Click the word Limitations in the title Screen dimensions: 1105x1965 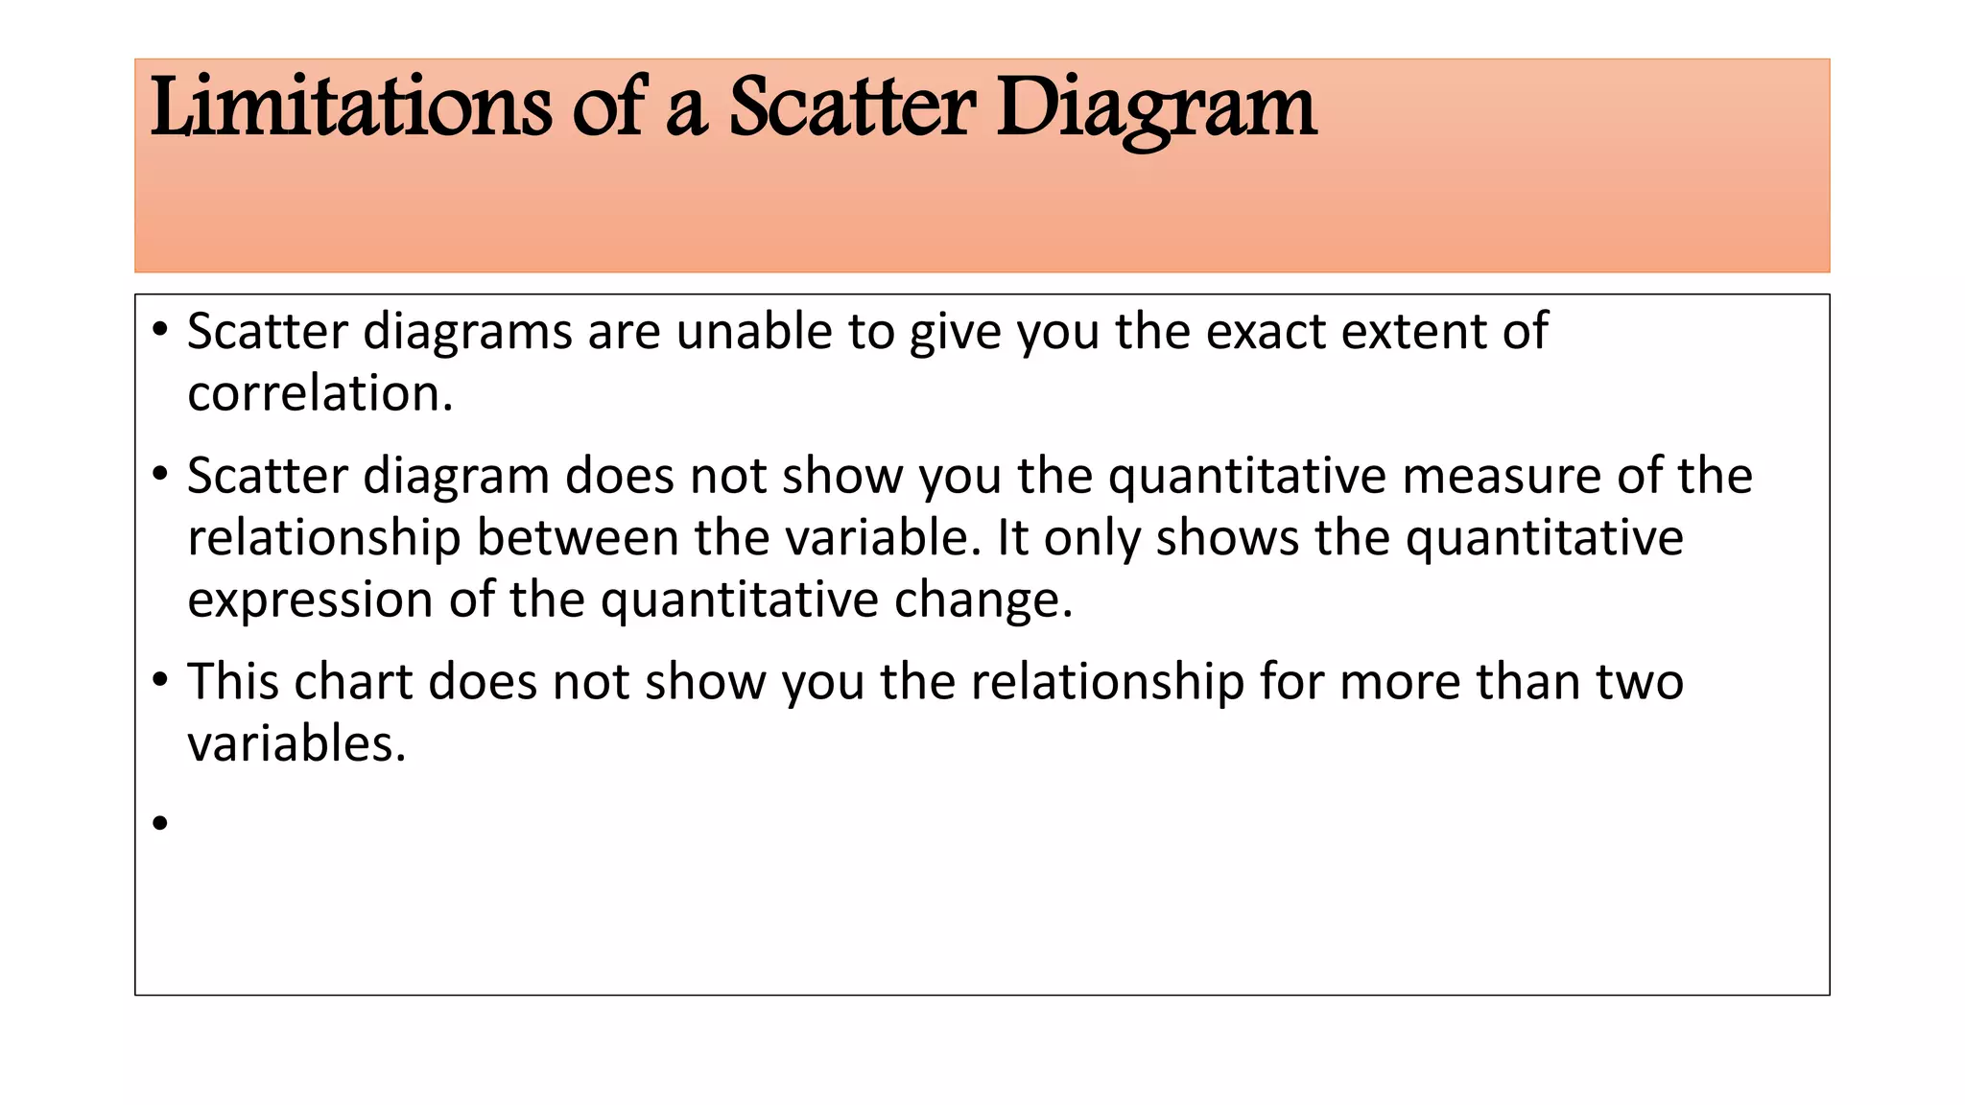point(351,107)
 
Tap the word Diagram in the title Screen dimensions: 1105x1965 point(1156,107)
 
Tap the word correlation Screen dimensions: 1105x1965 point(320,393)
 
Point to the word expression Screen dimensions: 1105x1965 point(310,600)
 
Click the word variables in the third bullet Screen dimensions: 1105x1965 point(296,743)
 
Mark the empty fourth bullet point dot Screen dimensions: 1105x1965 point(160,822)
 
